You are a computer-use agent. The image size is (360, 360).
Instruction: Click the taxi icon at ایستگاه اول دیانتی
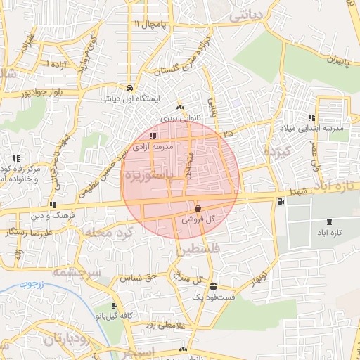[x=131, y=88]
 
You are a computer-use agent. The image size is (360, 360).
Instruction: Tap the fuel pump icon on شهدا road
[x=281, y=202]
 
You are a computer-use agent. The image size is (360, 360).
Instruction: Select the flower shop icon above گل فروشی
[x=198, y=208]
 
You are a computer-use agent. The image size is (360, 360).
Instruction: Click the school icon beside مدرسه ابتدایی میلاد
[x=311, y=117]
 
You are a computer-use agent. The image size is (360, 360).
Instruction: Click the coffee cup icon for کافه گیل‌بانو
[x=115, y=306]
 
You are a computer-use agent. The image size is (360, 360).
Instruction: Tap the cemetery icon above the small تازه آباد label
[x=311, y=222]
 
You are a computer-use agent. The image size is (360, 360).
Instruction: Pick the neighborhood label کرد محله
[x=103, y=231]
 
